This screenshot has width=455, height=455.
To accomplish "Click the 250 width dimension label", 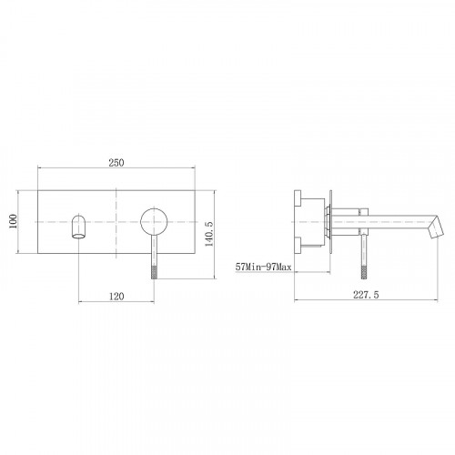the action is click(116, 163).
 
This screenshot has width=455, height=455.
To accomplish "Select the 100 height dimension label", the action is click(13, 221).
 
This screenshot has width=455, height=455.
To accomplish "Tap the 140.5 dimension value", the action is click(209, 234).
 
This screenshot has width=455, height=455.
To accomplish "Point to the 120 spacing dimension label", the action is click(116, 296).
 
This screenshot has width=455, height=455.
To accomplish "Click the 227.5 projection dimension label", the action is click(366, 295).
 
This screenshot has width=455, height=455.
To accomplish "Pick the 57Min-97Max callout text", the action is click(263, 267).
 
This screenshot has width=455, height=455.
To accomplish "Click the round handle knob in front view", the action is click(154, 222).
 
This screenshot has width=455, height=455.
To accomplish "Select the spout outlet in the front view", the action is click(78, 227).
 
